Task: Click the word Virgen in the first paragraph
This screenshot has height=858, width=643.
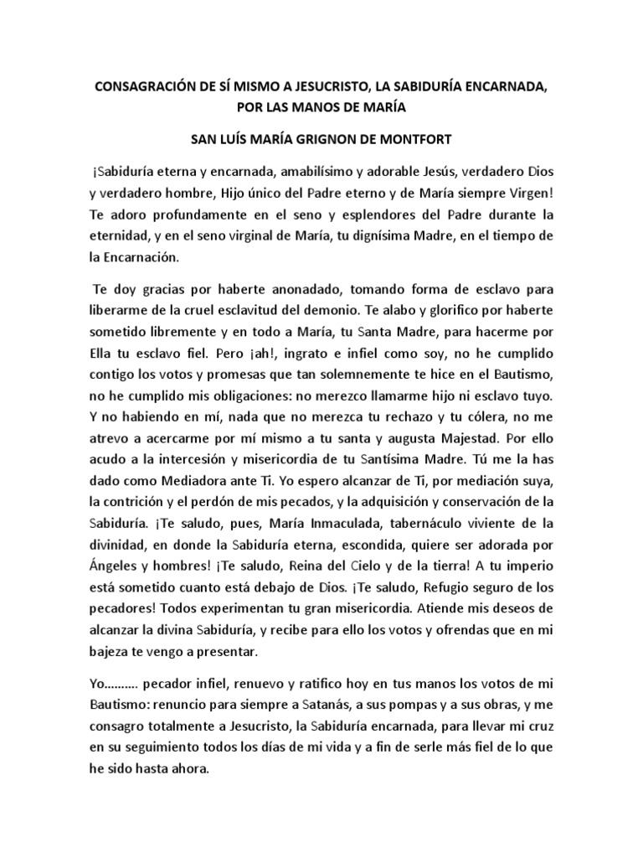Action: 522,194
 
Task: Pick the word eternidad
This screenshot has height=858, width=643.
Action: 123,238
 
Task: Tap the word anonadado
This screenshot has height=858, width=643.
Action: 291,291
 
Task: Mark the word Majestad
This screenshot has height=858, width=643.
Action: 448,443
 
